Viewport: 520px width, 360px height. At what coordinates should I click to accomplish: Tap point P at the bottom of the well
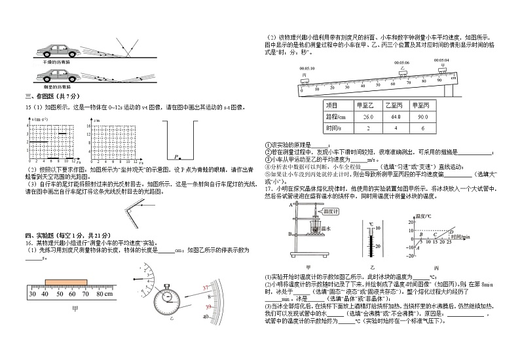coord(177,157)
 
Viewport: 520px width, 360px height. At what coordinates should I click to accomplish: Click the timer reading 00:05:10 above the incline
coord(307,68)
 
